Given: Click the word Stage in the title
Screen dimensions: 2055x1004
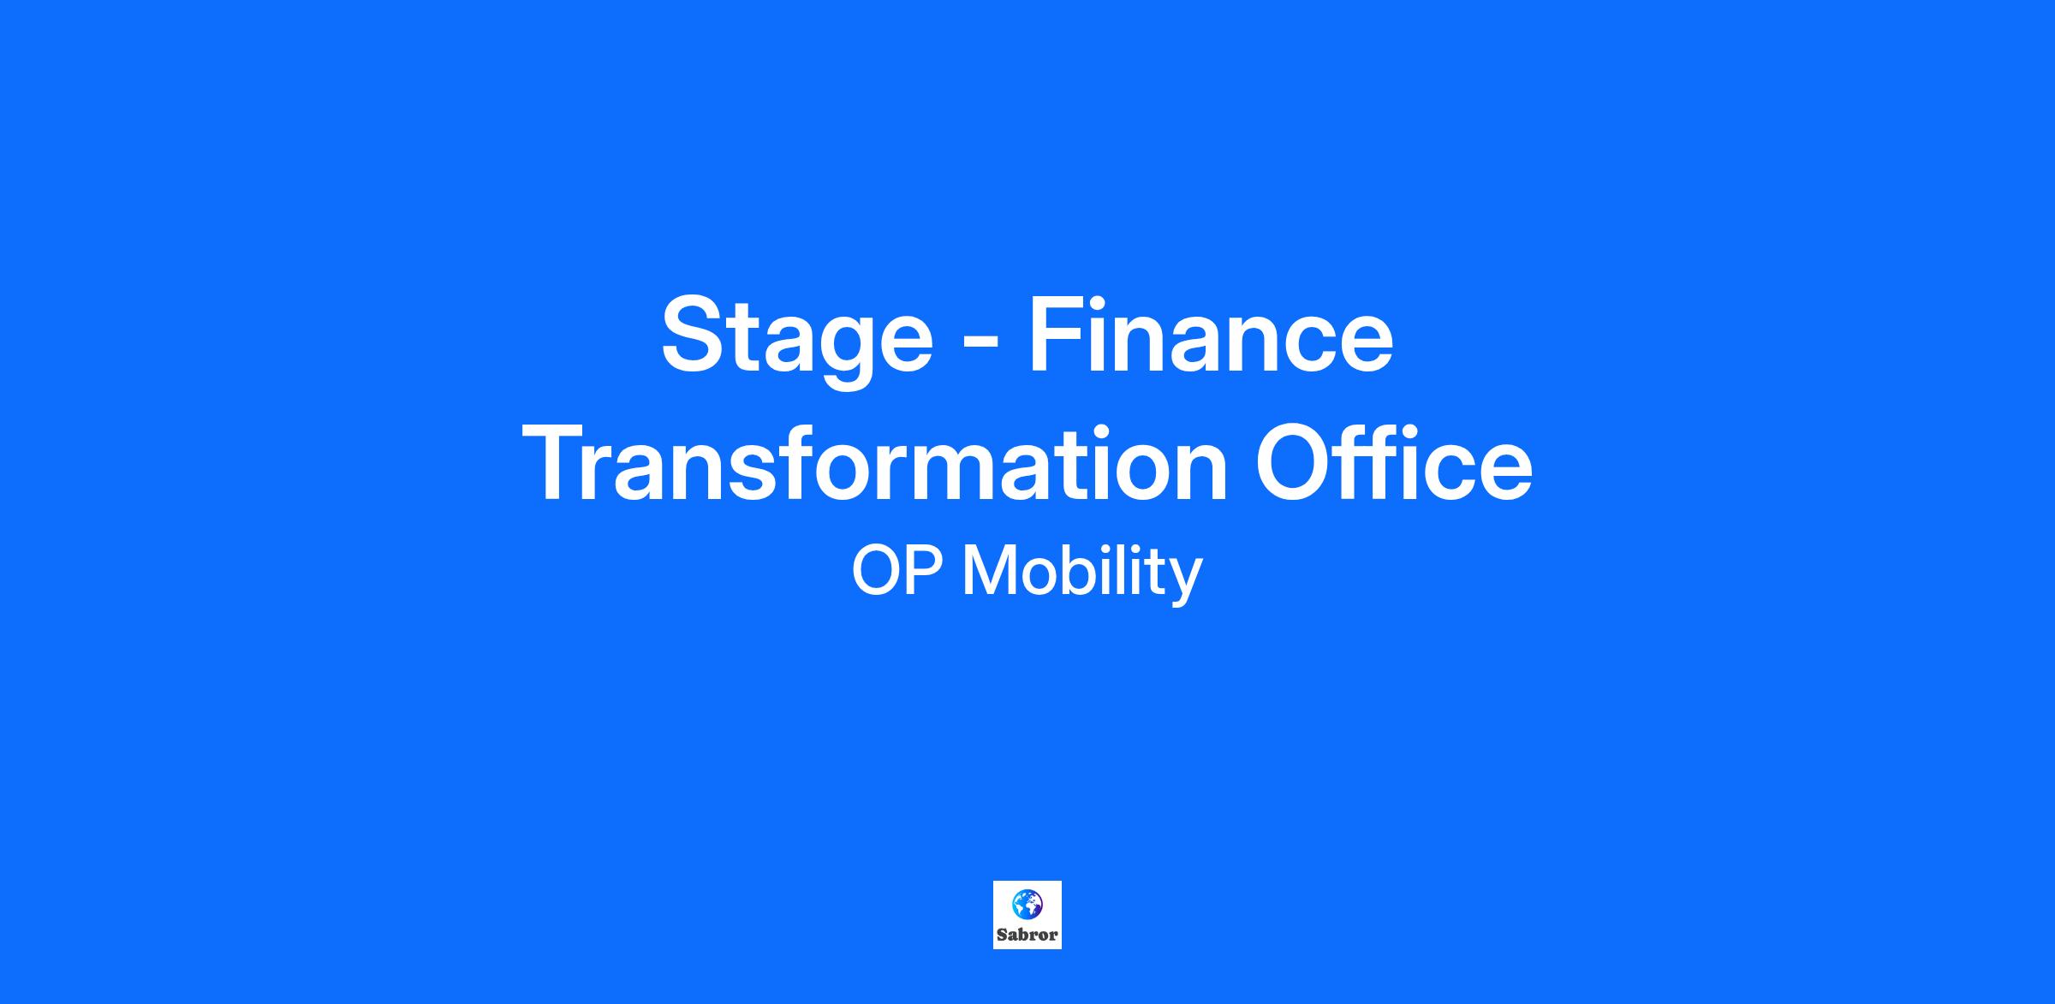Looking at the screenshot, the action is [x=796, y=340].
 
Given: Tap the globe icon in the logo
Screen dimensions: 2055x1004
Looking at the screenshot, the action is [x=1027, y=903].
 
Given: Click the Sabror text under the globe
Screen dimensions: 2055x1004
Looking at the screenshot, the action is [x=1027, y=935].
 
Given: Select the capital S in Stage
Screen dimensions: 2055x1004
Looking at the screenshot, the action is [x=694, y=335].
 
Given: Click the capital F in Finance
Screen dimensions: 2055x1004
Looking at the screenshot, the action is [x=1057, y=335].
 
